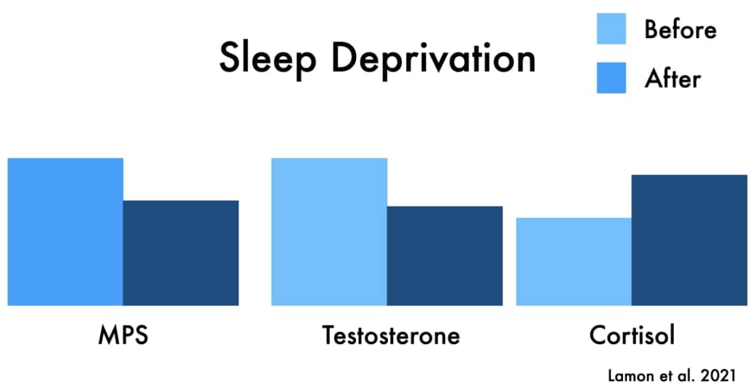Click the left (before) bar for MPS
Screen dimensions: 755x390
65,232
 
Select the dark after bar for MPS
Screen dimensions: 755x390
181,253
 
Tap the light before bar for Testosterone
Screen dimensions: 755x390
329,232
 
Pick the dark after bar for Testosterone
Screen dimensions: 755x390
445,256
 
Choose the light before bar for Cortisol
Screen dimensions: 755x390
574,261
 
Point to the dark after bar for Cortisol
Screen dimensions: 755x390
690,240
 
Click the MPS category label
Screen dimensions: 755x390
123,336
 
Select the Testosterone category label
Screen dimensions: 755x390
391,336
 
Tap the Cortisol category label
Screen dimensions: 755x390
632,336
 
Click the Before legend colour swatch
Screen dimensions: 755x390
611,29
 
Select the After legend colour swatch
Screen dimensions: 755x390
611,78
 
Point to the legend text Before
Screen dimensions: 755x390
680,29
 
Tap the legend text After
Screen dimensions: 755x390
672,79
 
